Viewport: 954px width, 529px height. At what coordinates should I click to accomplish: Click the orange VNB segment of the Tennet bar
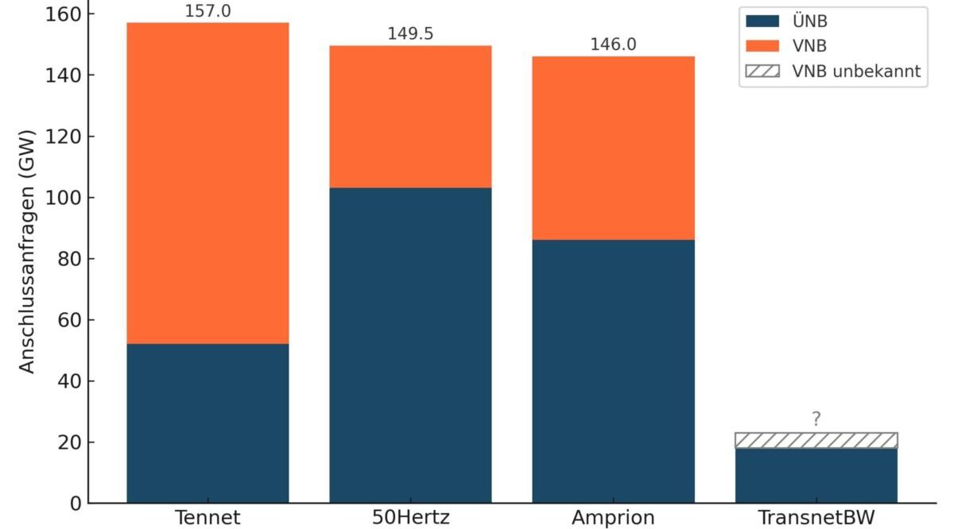[207, 183]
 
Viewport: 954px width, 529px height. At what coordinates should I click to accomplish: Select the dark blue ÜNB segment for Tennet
[207, 423]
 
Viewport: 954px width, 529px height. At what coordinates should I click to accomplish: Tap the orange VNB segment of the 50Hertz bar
[410, 116]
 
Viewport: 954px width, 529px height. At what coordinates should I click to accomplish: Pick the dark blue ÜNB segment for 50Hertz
[410, 345]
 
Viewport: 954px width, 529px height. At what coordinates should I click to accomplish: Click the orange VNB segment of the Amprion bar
[613, 148]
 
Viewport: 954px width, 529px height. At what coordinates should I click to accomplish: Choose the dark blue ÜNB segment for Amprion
[613, 371]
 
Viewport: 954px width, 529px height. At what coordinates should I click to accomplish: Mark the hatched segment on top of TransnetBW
[816, 440]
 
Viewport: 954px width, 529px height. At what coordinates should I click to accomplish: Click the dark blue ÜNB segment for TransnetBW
[816, 475]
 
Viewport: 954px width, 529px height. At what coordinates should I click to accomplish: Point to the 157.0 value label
[207, 13]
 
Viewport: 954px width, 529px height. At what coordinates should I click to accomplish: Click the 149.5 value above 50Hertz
[410, 34]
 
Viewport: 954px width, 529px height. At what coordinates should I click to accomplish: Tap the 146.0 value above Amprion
[613, 44]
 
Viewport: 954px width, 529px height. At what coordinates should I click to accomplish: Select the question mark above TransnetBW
[816, 419]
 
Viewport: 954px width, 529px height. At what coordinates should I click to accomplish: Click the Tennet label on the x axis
[207, 518]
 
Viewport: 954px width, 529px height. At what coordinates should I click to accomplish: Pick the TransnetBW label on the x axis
[816, 518]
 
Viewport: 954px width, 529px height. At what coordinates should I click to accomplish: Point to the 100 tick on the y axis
[61, 197]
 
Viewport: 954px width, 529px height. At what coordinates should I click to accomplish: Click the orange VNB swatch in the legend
[763, 47]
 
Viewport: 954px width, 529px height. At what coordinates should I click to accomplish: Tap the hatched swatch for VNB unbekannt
[763, 71]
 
